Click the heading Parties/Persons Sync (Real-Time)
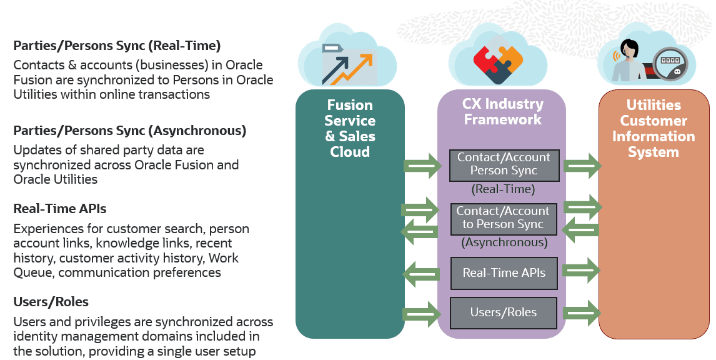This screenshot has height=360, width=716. (x=117, y=46)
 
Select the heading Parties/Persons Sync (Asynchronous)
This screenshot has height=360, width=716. (x=129, y=131)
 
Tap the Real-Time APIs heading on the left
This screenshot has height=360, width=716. (x=60, y=209)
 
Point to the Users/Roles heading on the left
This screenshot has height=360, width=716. (x=51, y=302)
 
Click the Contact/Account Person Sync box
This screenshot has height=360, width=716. (x=504, y=164)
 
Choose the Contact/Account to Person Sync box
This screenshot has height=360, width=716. (x=504, y=218)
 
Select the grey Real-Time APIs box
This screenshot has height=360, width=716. (x=504, y=273)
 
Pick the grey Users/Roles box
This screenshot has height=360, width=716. (x=504, y=312)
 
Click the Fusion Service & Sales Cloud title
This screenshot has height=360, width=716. (x=350, y=128)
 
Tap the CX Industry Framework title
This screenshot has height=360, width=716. (x=502, y=111)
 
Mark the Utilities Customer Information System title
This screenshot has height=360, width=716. (x=654, y=128)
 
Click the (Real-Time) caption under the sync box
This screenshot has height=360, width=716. (x=503, y=189)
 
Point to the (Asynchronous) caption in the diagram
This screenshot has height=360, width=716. (x=504, y=242)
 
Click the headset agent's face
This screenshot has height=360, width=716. (x=629, y=51)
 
